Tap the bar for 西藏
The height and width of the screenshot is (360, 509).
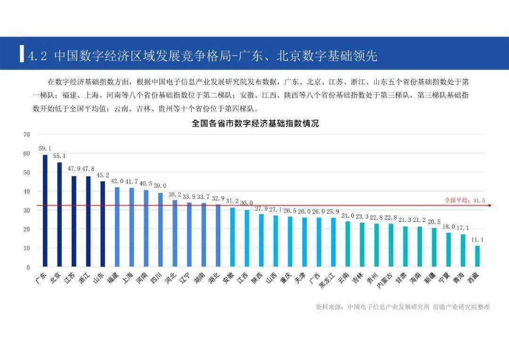[x=477, y=256]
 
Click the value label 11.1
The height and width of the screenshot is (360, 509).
[x=477, y=239]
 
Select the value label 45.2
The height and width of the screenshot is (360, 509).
[x=103, y=175]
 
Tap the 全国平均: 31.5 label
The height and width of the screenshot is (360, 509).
[x=465, y=200]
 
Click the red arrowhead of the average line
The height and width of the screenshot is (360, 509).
[x=490, y=205]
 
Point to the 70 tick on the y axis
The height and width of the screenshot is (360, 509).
[x=26, y=134]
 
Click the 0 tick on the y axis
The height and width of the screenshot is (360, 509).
[x=28, y=267]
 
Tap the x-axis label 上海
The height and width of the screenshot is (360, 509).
[x=126, y=278]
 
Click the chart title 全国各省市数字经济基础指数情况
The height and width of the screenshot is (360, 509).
[x=255, y=124]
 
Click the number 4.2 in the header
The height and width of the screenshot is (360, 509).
[x=37, y=57]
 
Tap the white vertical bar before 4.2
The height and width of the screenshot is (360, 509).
[x=22, y=53]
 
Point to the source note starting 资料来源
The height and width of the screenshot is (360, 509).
[x=402, y=307]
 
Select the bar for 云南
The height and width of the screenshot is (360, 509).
[x=348, y=244]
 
